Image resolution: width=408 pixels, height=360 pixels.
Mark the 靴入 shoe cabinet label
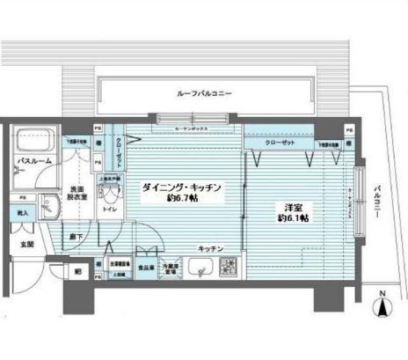[22, 214]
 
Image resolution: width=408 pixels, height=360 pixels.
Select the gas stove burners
[228, 267]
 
